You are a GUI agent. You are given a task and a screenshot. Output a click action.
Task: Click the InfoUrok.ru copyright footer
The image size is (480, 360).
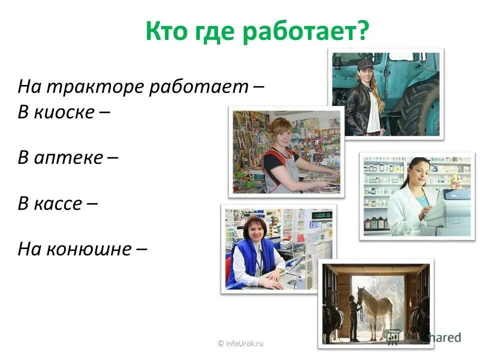click(240, 343)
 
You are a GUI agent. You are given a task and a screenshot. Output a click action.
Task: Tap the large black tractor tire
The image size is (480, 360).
click(417, 107)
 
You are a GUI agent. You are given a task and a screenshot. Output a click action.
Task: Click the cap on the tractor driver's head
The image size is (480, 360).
click(365, 64)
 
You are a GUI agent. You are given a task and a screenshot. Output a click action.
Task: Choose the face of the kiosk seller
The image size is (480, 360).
click(281, 133)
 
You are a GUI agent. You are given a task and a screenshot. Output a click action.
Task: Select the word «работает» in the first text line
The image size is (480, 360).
click(198, 87)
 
